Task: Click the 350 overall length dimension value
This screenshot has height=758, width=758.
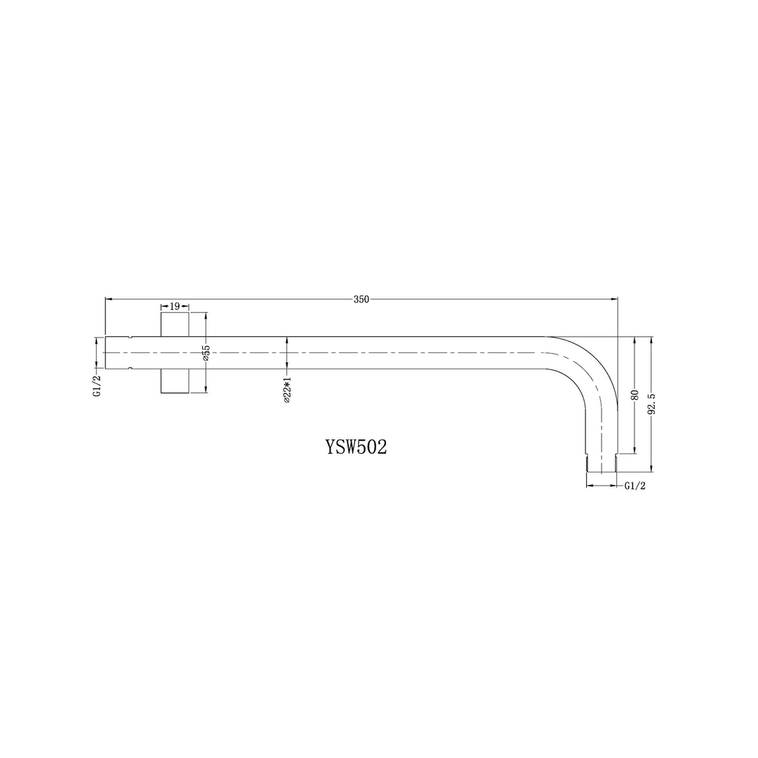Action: click(361, 299)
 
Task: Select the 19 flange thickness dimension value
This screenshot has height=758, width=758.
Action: click(175, 306)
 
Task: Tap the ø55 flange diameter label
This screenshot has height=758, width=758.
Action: click(206, 353)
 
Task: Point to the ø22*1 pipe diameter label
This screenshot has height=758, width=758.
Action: click(287, 387)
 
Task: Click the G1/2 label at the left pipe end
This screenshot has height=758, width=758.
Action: click(98, 385)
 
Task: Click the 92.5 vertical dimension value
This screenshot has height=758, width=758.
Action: click(652, 405)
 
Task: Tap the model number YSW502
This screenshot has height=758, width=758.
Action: click(356, 448)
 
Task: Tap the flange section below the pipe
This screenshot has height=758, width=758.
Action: click(175, 381)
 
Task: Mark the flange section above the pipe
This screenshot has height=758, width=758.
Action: click(175, 324)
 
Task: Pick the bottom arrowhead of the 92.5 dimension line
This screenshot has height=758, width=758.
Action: click(652, 468)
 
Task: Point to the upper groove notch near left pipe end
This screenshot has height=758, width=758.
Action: click(130, 338)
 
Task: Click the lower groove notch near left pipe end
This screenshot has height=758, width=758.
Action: click(130, 368)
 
